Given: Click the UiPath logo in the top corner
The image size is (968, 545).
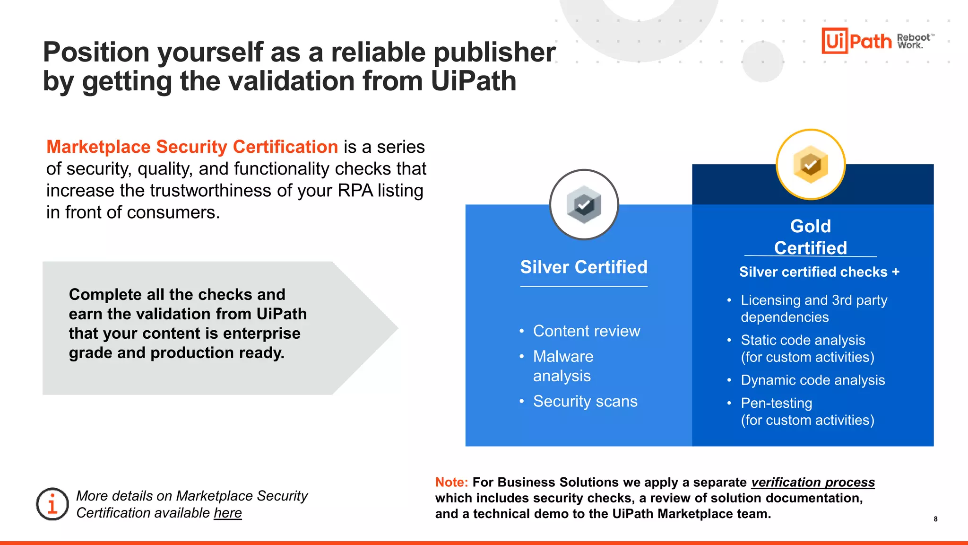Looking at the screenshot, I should [x=856, y=41].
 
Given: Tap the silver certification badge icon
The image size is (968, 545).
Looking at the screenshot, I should [x=584, y=204].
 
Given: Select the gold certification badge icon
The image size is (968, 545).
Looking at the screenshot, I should [x=811, y=164].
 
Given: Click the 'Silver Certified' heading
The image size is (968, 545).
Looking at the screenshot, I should [x=584, y=267].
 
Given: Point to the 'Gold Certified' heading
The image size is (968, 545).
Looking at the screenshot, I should [x=811, y=237].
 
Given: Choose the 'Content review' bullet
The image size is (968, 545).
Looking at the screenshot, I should [x=587, y=331].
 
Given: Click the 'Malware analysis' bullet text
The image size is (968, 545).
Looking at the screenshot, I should [x=563, y=366].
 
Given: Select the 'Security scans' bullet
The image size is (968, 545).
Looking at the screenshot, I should [x=585, y=401].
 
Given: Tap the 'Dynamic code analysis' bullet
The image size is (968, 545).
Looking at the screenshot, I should [x=812, y=380].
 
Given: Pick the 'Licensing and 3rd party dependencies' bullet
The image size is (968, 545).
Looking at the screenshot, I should [x=813, y=308].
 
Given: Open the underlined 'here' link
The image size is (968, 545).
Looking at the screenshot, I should [x=227, y=513].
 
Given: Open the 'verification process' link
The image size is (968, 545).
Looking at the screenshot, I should [x=813, y=482].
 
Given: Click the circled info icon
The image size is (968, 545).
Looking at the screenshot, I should [x=52, y=504].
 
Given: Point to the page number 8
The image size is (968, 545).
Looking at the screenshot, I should [x=935, y=519].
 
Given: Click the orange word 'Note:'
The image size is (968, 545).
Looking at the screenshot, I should [x=451, y=482].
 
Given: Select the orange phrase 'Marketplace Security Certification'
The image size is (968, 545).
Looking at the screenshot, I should [x=192, y=147].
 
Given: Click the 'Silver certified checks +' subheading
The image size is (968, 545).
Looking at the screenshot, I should [x=819, y=272].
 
